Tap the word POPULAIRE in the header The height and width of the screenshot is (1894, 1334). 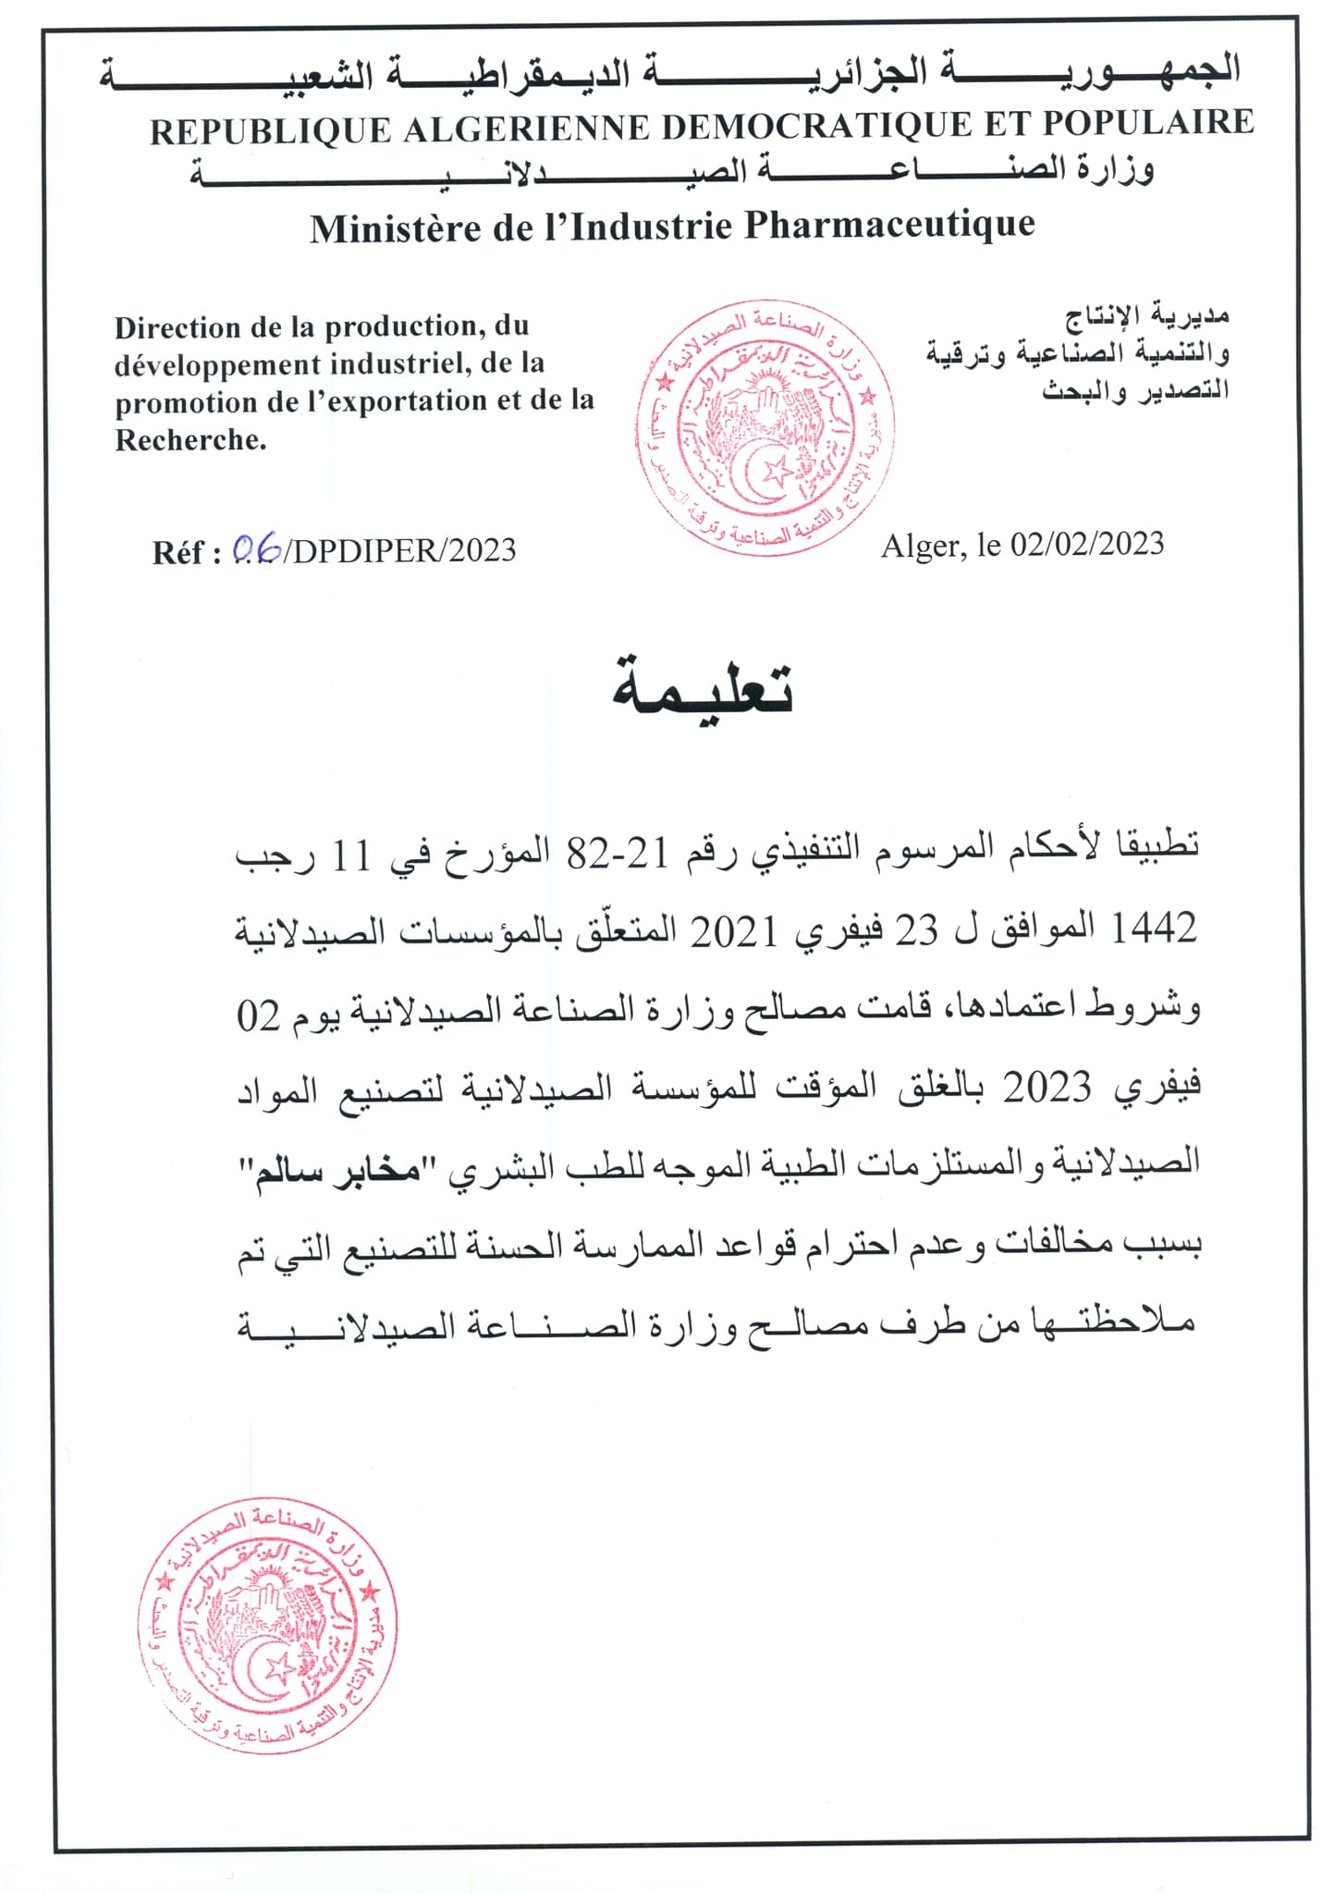(1148, 123)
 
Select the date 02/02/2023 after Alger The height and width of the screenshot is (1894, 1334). (1086, 544)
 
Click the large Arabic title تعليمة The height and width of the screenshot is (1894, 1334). (703, 689)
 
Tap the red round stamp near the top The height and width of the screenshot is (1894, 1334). (765, 428)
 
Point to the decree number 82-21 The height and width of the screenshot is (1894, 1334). (617, 854)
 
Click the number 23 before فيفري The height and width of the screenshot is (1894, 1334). (918, 929)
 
